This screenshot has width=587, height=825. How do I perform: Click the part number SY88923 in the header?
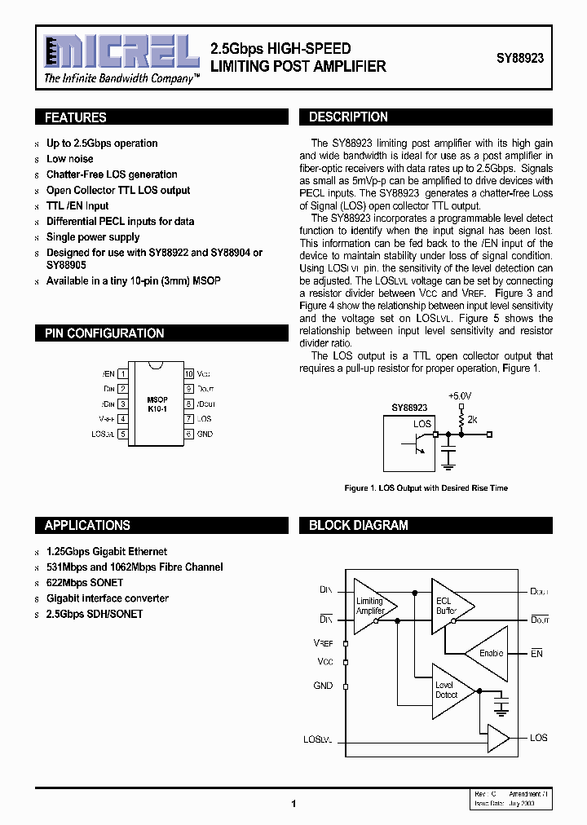pos(520,60)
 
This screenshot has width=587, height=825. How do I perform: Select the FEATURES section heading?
pos(76,117)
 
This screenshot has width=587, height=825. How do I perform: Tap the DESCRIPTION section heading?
pos(348,117)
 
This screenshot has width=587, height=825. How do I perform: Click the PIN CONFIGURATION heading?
pos(104,333)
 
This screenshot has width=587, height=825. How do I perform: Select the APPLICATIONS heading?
pos(87,526)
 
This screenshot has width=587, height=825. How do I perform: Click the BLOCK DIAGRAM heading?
pos(358,526)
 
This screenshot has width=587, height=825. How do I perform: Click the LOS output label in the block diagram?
pos(538,738)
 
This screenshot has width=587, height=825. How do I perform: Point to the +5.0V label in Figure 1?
pos(460,395)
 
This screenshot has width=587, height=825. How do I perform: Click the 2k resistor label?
pos(473,419)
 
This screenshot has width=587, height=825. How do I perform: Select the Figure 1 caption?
pos(426,487)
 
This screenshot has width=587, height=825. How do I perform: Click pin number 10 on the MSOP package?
pos(188,373)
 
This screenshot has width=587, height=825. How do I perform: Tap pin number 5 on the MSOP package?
pos(122,435)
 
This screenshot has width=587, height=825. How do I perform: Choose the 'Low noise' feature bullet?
pos(70,159)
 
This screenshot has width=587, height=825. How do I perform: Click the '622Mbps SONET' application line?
pos(85,583)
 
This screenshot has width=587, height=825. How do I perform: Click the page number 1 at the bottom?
pos(293,804)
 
